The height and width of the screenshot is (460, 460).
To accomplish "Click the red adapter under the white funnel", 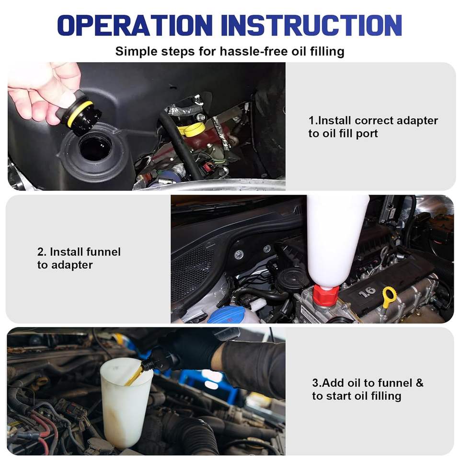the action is (x=326, y=296).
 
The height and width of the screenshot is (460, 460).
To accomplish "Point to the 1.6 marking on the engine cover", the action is (x=367, y=291).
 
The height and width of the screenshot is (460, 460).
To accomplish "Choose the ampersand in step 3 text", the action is (x=420, y=383).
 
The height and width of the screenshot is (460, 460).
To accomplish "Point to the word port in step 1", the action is (x=367, y=134).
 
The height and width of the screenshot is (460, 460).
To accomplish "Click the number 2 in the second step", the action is (x=40, y=252).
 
